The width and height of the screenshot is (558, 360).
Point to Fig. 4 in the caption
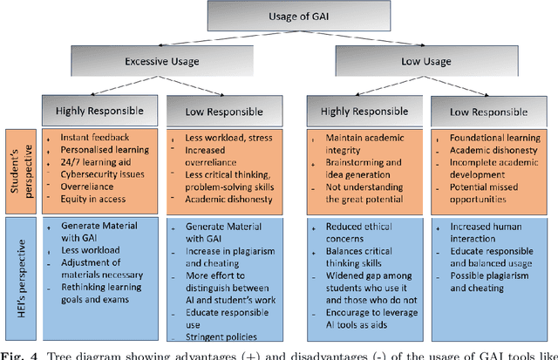click(x=17, y=354)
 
